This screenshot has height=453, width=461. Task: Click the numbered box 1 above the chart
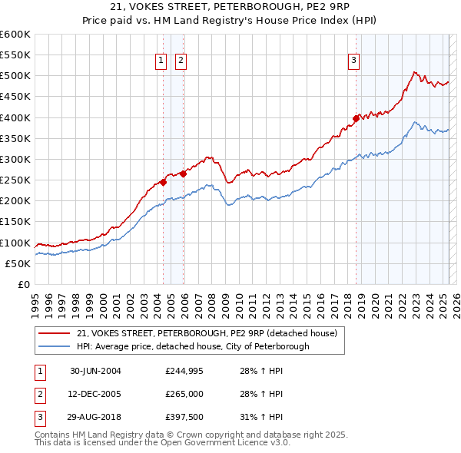point(161,61)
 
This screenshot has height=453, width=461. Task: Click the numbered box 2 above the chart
point(181,61)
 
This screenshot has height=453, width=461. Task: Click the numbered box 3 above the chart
point(354,61)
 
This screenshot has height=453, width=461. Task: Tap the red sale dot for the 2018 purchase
point(357,118)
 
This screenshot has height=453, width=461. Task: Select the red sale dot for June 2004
point(163,182)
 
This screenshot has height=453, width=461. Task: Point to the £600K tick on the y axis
point(15,35)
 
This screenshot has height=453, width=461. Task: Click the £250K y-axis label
point(15,180)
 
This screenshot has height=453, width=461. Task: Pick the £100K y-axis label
point(15,243)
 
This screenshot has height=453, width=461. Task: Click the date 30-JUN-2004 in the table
point(95,371)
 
